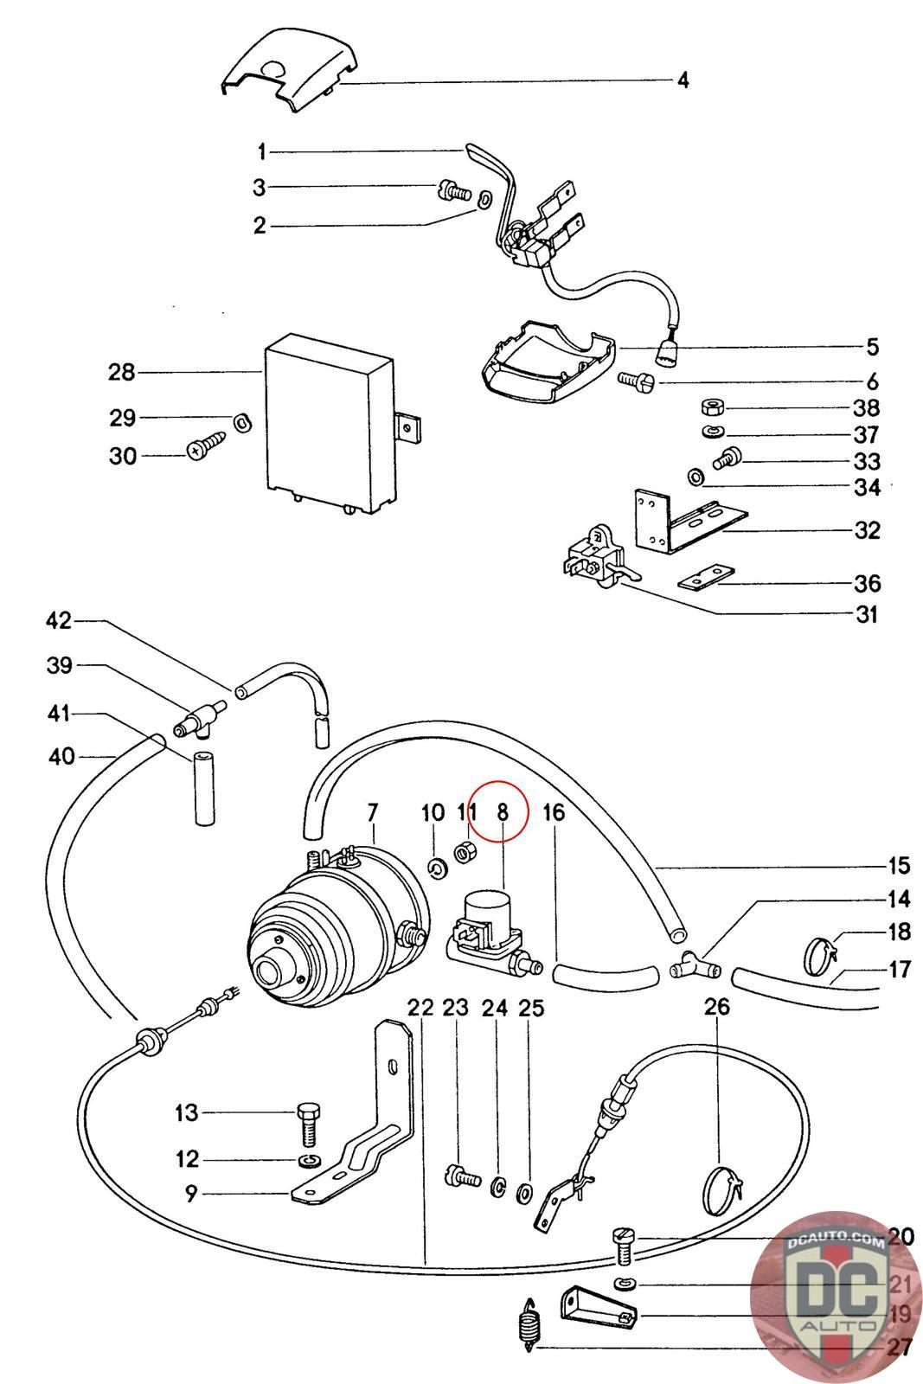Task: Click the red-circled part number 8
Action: (502, 812)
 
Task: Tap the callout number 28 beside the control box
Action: (122, 373)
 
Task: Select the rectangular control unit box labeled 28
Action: (329, 424)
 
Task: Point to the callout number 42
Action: (60, 621)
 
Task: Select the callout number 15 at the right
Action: (898, 866)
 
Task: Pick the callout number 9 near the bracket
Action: (191, 1194)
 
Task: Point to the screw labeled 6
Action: (638, 379)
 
